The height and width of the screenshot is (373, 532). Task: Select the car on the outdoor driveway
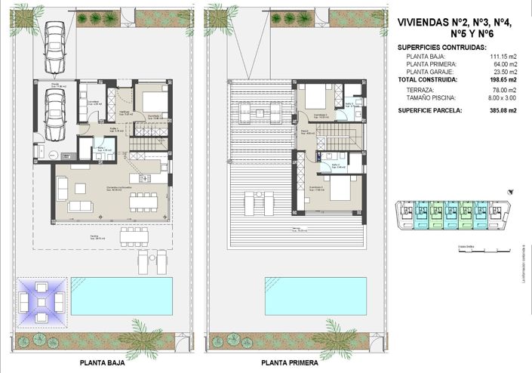click(x=54, y=44)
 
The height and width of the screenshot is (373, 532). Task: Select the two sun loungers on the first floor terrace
click(x=258, y=203)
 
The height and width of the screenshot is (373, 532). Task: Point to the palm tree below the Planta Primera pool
click(x=334, y=330)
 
